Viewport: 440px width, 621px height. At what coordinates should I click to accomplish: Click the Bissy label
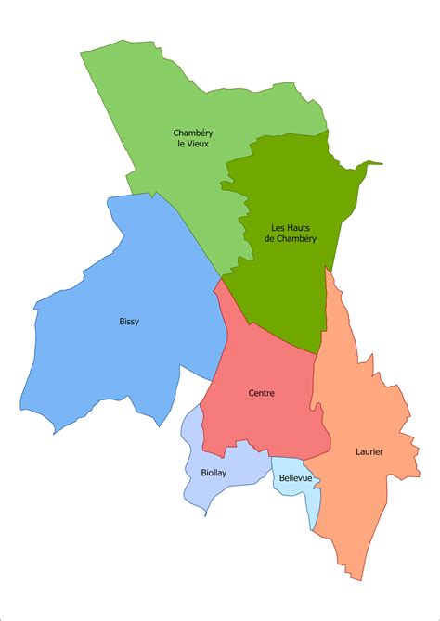coord(129,323)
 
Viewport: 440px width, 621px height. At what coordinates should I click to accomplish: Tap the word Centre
coord(262,393)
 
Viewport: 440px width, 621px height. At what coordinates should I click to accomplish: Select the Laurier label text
coord(369,452)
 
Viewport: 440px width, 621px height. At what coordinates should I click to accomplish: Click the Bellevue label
coord(295,479)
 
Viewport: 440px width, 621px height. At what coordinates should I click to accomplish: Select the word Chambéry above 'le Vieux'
coord(192,132)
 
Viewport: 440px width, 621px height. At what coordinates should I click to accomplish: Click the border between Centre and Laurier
coord(316,389)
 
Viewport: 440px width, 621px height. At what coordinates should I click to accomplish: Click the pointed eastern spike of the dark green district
coord(380,165)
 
